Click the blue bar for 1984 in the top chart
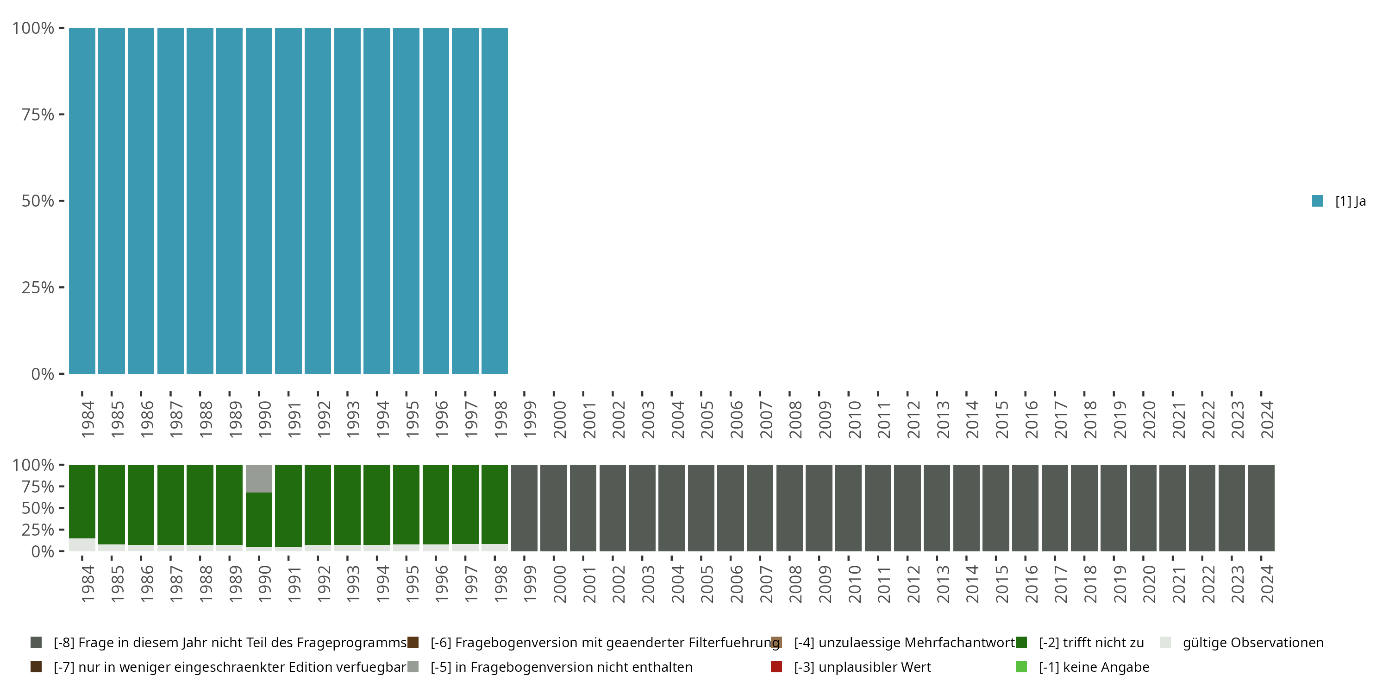[x=82, y=201]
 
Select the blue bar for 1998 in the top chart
[x=494, y=201]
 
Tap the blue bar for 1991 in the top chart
[x=288, y=201]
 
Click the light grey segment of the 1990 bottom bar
[x=259, y=479]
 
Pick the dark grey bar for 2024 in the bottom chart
[x=1261, y=508]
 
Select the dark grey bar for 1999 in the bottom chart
[x=524, y=508]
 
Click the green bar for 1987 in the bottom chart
[x=170, y=505]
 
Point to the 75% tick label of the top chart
[x=38, y=114]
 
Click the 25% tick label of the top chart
[x=38, y=287]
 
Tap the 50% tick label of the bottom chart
[x=38, y=508]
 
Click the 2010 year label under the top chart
[x=854, y=419]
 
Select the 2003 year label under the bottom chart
[x=648, y=584]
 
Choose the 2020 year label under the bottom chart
[x=1149, y=584]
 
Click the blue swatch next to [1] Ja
[x=1318, y=201]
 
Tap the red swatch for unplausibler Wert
[x=776, y=667]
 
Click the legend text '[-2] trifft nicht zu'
[x=1091, y=643]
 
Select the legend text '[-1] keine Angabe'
[x=1094, y=667]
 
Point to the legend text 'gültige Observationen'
[x=1252, y=643]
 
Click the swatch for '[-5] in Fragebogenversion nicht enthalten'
[x=413, y=667]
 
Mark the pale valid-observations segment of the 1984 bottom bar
[x=82, y=544]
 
